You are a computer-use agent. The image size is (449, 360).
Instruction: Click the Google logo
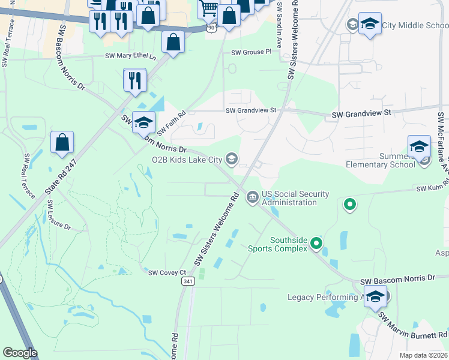pyautogui.click(x=20, y=353)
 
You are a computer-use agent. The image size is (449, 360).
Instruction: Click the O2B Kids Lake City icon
pyautogui.click(x=232, y=159)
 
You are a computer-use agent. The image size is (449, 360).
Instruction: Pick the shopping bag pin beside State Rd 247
pyautogui.click(x=62, y=143)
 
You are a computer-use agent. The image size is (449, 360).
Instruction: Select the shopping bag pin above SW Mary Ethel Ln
pyautogui.click(x=173, y=43)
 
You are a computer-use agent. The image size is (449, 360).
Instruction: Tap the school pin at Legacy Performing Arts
pyautogui.click(x=375, y=297)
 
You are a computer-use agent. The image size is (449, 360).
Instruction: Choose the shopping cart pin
pyautogui.click(x=208, y=8)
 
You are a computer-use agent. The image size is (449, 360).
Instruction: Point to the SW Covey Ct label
pyautogui.click(x=167, y=272)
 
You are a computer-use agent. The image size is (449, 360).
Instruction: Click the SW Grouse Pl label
pyautogui.click(x=247, y=52)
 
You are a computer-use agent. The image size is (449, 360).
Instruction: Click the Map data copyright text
pyautogui.click(x=423, y=355)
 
